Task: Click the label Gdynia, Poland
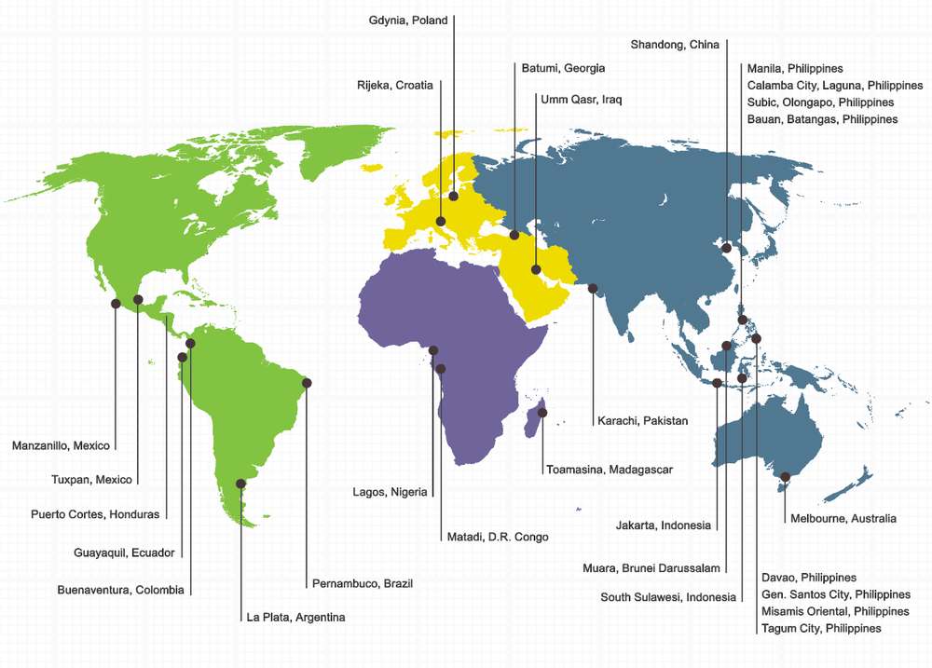(x=408, y=20)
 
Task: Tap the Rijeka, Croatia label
(x=395, y=85)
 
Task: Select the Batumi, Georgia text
(x=562, y=68)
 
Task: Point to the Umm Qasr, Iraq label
(x=581, y=99)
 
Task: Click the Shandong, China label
(x=675, y=45)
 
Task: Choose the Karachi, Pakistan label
(x=642, y=420)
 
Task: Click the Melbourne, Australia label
(x=843, y=518)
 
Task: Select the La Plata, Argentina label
(x=295, y=617)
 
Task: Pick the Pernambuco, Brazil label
(x=362, y=583)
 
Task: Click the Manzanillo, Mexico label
(x=61, y=445)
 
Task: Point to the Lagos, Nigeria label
(x=390, y=492)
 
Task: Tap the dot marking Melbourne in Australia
(x=785, y=477)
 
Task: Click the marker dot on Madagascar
(x=542, y=412)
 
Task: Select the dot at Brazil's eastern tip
(x=307, y=383)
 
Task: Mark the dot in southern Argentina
(x=240, y=484)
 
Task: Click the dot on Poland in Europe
(x=454, y=196)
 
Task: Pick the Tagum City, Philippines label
(x=821, y=628)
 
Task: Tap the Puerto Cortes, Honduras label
(x=95, y=513)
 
